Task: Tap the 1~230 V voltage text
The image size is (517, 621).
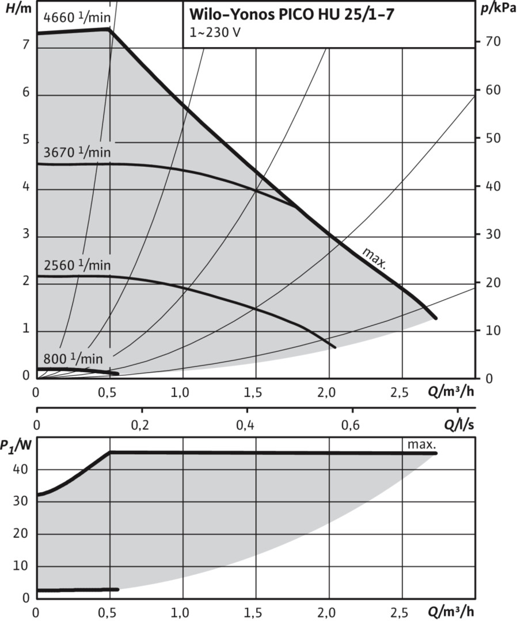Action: [x=212, y=32]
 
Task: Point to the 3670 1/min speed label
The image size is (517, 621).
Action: [x=77, y=153]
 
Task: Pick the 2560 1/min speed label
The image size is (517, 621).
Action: [x=77, y=265]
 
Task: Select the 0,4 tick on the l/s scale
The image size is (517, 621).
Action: [x=247, y=426]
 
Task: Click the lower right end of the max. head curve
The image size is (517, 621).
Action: [x=436, y=318]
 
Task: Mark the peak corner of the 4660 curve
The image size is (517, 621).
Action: [x=109, y=28]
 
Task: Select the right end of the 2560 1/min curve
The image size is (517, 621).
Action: [x=334, y=347]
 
